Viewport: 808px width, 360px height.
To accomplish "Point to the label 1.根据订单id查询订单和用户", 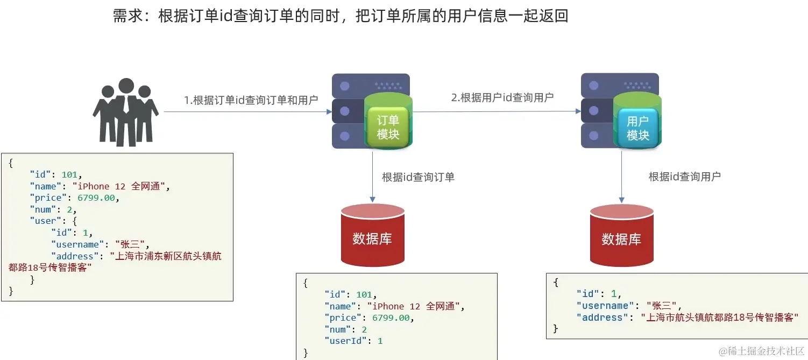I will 251,100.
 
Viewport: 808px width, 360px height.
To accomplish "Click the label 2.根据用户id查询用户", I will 502,97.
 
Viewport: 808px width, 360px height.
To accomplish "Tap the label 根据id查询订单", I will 418,177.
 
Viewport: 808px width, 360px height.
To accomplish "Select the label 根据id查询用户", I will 684,177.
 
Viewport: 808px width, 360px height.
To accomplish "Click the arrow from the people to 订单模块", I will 247,112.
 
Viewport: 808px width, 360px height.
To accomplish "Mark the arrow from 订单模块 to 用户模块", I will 495,111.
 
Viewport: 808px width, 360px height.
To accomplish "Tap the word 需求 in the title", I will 127,16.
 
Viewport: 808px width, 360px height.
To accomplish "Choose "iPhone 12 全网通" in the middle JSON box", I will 417,306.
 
